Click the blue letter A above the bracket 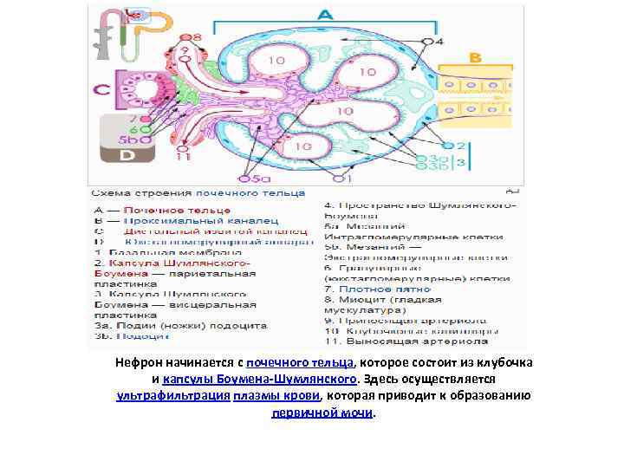[325, 15]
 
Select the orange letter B [474, 57]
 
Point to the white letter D [127, 155]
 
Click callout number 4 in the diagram [439, 41]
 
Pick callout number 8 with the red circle [197, 37]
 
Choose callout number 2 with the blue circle [461, 146]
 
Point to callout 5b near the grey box [130, 139]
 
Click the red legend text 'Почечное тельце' [177, 210]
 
